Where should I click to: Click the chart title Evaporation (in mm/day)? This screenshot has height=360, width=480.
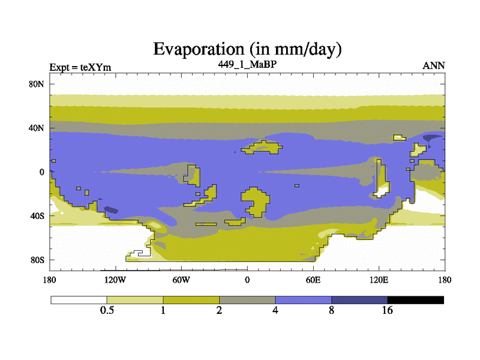247,49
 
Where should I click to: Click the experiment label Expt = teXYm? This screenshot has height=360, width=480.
80,67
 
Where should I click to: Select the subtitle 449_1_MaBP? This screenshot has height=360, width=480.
247,64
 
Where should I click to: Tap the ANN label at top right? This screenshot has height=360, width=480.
434,65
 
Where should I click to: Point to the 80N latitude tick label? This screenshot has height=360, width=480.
37,84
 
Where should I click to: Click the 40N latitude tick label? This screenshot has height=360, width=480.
37,128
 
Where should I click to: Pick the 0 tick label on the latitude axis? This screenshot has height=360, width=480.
41,172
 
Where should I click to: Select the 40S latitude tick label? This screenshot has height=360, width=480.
37,216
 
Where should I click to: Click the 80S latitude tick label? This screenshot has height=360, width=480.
37,260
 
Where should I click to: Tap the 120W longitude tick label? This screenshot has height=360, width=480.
115,280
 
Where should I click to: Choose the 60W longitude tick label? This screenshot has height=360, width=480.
181,280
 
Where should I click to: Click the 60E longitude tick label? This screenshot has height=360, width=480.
313,280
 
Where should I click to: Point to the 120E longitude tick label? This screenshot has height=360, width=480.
379,280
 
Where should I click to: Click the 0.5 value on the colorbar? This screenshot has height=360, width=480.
107,310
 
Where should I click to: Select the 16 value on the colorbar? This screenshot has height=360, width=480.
387,310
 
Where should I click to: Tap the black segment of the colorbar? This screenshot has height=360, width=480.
415,300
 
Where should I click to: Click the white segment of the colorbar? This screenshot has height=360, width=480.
79,300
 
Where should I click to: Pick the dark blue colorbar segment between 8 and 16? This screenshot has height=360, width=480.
359,300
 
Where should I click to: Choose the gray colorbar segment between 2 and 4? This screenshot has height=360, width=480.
247,300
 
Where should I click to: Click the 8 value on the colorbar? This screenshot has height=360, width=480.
332,310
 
